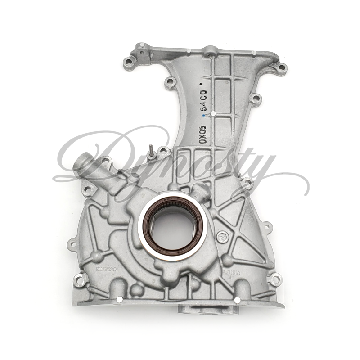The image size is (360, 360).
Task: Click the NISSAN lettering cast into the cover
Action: pos(106,269)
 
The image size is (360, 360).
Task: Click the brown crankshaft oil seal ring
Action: pos(172,202)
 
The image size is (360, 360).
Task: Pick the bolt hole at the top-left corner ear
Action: pos(129,63)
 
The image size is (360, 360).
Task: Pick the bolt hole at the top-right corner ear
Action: pos(282,67)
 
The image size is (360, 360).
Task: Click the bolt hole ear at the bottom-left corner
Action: pos(80,280)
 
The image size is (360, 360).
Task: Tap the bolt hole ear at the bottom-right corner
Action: pos(275,279)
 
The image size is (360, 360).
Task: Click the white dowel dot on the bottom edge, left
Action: pos(119,299)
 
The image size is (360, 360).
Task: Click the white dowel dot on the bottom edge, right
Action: pos(237,300)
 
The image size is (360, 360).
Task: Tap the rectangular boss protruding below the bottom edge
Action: pos(207,309)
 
